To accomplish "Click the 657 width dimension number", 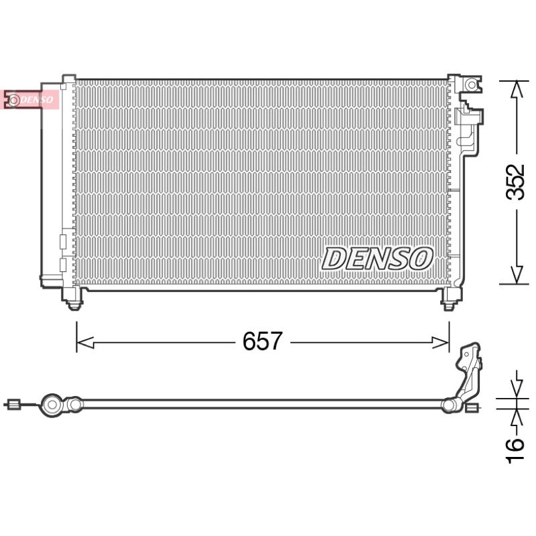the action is click(262, 341).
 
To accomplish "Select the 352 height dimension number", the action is click(515, 182).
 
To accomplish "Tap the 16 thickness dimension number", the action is click(515, 451).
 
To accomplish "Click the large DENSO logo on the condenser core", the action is click(377, 259).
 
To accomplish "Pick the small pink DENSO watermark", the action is click(31, 100).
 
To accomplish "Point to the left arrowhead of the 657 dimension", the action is click(85, 342).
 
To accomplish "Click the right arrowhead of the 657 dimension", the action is click(441, 342).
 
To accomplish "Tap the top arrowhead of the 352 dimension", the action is click(517, 90).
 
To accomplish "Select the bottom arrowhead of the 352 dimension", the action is click(517, 275).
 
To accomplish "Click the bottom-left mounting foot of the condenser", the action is click(73, 298).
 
